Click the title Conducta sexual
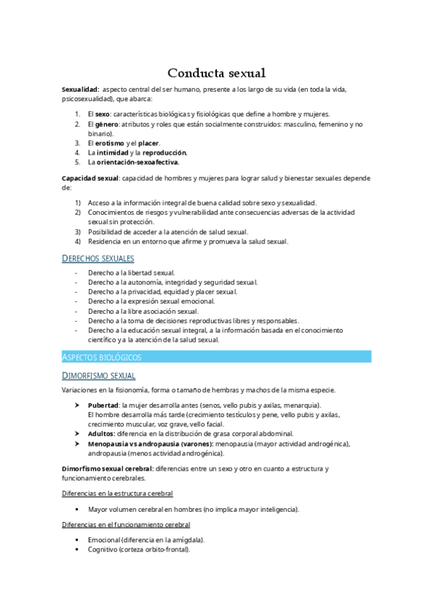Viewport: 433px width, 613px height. (217, 73)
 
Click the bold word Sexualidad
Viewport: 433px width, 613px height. (80, 90)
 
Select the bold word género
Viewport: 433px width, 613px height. (106, 124)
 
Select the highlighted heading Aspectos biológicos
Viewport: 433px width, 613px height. (101, 357)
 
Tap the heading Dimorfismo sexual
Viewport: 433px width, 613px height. (98, 375)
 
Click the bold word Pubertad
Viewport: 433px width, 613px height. (103, 405)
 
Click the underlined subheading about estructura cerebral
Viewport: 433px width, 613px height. (117, 494)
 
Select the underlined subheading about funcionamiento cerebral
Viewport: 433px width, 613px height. (126, 524)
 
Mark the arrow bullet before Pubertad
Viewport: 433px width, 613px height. (77, 405)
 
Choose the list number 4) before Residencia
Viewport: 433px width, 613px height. (77, 241)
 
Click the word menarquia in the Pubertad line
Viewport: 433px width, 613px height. (302, 405)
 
